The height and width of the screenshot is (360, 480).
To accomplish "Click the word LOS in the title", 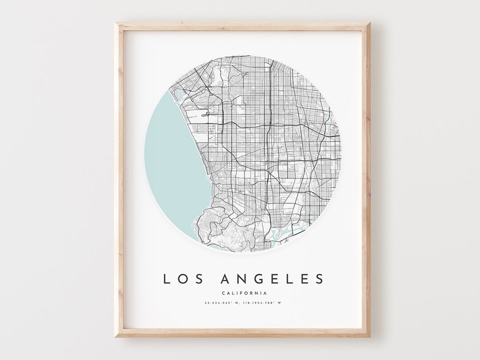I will (181, 279).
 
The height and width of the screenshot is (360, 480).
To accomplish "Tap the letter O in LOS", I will (181, 279).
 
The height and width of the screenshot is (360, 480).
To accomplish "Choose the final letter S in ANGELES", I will (318, 279).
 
